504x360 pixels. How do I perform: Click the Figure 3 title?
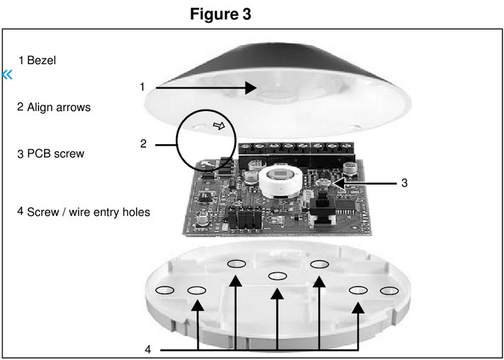[x=221, y=14]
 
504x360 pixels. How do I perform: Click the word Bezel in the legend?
[x=41, y=61]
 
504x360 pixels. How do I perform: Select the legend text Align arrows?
[x=59, y=108]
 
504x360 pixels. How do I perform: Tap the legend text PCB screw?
[x=55, y=154]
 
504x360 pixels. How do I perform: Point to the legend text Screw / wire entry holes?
[x=88, y=212]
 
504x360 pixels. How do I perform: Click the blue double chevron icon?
[x=8, y=74]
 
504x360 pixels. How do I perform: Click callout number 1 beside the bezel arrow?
[x=142, y=87]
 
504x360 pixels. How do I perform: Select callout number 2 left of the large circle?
[x=143, y=144]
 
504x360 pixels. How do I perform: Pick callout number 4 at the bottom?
[x=148, y=350]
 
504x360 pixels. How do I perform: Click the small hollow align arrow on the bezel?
[x=219, y=126]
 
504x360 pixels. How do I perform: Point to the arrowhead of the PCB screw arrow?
[x=336, y=183]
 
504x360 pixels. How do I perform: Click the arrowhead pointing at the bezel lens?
[x=251, y=88]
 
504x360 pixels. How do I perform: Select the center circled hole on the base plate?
[x=278, y=276]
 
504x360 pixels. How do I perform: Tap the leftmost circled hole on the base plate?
[x=165, y=290]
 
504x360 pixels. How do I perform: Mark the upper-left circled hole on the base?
[x=236, y=263]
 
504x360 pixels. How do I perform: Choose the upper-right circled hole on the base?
[x=319, y=263]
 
